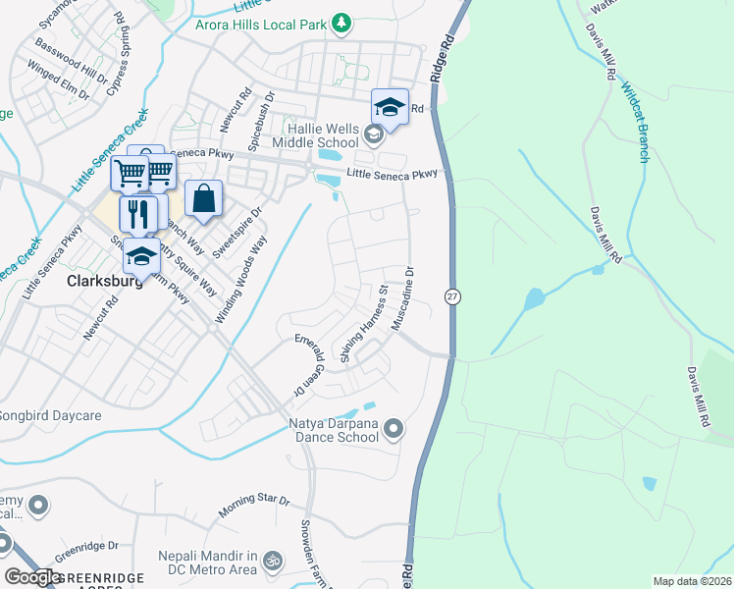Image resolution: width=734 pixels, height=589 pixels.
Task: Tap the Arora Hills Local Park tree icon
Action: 341,23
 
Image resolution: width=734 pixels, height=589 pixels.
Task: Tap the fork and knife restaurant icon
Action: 138,213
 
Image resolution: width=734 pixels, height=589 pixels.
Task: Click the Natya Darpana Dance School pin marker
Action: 393,428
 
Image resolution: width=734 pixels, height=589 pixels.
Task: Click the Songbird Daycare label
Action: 49,416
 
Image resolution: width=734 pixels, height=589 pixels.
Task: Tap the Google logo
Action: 32,577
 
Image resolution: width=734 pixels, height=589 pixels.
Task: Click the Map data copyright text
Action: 692,581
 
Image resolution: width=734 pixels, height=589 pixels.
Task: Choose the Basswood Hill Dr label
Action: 70,61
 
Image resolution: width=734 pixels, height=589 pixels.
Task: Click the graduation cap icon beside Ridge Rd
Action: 389,106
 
